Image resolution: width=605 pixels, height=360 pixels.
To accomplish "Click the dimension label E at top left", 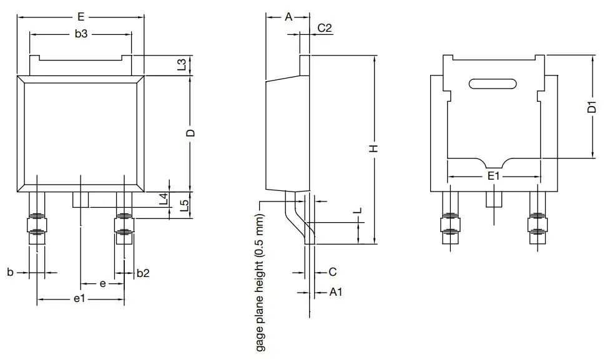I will (x=81, y=17).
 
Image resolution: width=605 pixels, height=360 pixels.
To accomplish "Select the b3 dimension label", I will (x=81, y=34).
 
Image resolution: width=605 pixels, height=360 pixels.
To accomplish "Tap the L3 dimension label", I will (x=181, y=65).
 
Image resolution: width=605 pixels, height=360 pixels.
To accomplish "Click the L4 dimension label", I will (x=164, y=200).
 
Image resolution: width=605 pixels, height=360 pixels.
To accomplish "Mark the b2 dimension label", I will (x=143, y=273).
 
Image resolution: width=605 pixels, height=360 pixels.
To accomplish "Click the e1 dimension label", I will (x=79, y=300).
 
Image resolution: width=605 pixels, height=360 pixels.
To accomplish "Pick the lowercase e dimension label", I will (x=102, y=283).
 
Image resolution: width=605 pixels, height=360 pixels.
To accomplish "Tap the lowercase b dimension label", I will (x=9, y=273).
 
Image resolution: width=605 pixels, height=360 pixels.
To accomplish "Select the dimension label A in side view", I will (x=288, y=17).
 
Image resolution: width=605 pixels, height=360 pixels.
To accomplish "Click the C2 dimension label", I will (x=325, y=27).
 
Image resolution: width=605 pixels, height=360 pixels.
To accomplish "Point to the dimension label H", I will (x=373, y=148).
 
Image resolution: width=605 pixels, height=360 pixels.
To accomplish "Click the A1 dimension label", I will (x=335, y=291).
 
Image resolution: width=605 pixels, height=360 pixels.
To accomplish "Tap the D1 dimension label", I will (x=592, y=107).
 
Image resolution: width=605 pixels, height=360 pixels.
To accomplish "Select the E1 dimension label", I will (x=494, y=177).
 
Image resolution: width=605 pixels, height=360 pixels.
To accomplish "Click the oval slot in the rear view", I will (x=493, y=84).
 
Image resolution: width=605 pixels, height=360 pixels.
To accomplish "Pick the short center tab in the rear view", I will (x=494, y=198).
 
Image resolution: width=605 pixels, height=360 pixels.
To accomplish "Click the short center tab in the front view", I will (x=81, y=200).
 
